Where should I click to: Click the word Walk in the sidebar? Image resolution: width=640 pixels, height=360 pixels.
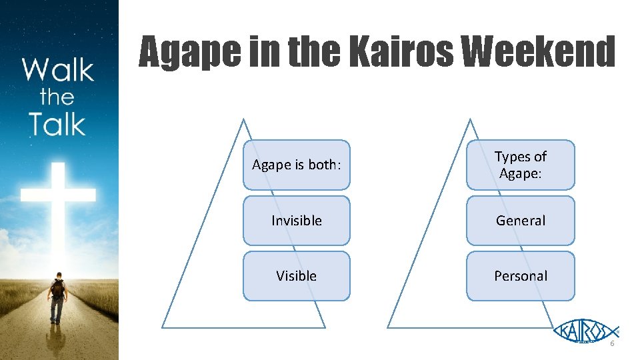click(x=57, y=70)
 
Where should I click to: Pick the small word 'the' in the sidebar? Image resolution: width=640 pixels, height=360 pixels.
click(x=57, y=97)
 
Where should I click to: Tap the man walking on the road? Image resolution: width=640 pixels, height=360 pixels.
click(x=57, y=296)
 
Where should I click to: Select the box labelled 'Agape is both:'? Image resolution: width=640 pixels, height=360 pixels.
click(x=296, y=165)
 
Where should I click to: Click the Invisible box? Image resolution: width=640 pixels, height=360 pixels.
click(x=296, y=220)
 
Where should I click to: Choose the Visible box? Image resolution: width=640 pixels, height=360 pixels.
click(x=296, y=275)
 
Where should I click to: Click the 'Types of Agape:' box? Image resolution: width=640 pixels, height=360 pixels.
click(x=520, y=165)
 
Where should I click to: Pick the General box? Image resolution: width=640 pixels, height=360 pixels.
click(x=520, y=220)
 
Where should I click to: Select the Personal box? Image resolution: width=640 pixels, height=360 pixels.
click(x=520, y=275)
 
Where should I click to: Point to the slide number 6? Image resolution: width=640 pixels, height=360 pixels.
click(x=612, y=343)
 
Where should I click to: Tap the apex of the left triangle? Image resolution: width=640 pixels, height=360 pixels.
click(x=243, y=120)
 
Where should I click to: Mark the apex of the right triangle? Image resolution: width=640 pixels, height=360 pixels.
click(x=470, y=120)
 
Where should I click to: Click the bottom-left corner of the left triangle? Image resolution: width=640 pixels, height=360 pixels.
click(x=163, y=327)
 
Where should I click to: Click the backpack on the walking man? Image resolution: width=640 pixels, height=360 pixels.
click(x=58, y=287)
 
